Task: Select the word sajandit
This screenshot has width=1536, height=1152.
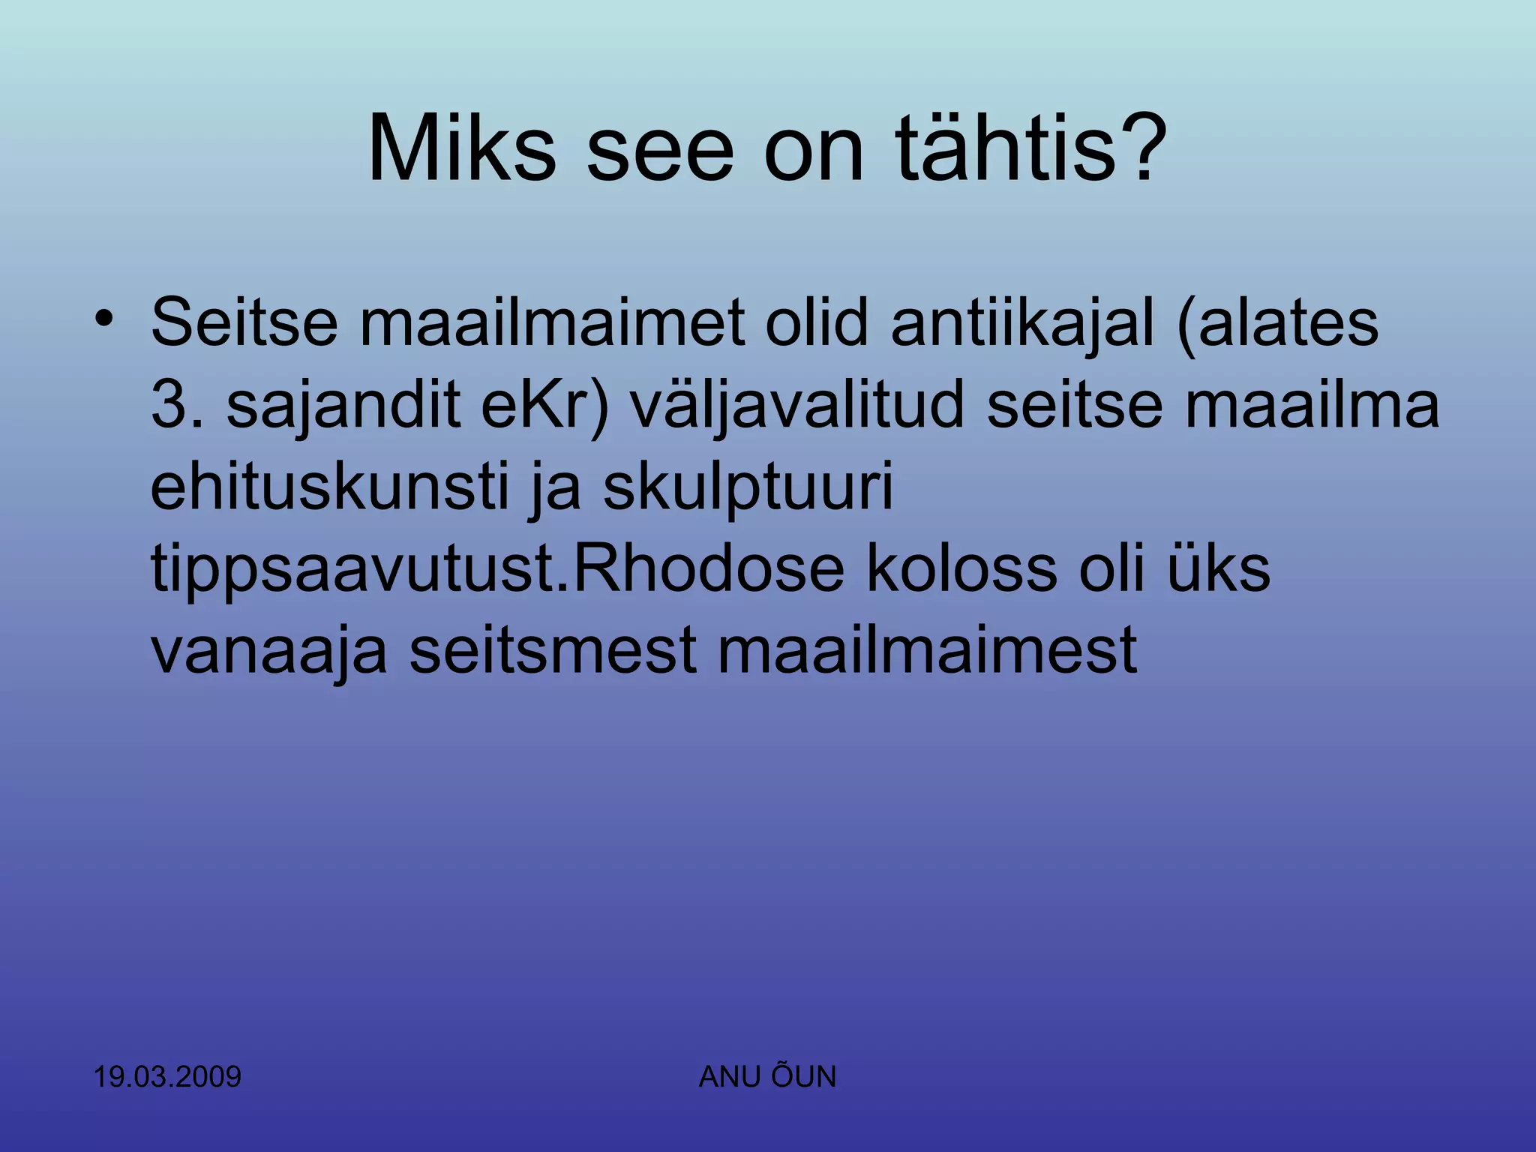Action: (343, 406)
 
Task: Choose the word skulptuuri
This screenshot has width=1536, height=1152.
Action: (748, 487)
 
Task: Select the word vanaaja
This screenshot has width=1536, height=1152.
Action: (269, 651)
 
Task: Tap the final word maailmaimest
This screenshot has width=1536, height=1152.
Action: (927, 651)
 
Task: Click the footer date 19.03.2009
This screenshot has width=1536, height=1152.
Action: (167, 1077)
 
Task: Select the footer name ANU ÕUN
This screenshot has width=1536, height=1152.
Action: (767, 1077)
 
